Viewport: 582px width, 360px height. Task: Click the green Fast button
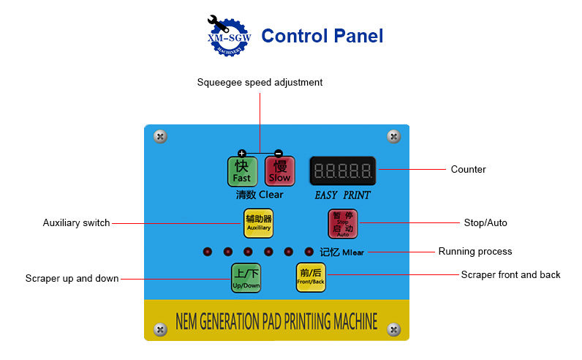point(241,171)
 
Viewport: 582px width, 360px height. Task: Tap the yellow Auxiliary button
point(258,222)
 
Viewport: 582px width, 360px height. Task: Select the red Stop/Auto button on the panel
point(343,224)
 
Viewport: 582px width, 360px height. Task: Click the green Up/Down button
point(246,278)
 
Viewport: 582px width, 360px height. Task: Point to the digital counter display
point(342,171)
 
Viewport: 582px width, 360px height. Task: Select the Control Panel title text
point(322,36)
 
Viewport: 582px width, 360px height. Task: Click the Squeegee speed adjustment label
point(260,82)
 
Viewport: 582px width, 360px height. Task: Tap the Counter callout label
point(468,170)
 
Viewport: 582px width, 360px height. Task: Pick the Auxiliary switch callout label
point(76,222)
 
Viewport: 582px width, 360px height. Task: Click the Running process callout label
point(475,252)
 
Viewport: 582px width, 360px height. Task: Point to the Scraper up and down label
point(72,279)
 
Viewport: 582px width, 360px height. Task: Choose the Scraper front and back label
point(510,275)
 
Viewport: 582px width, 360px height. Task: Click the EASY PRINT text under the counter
point(342,195)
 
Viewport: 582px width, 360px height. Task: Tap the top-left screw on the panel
point(161,136)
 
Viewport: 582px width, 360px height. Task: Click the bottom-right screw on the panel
point(393,330)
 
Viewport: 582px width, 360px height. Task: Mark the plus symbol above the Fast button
point(241,153)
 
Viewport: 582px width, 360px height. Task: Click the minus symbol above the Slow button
point(279,153)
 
